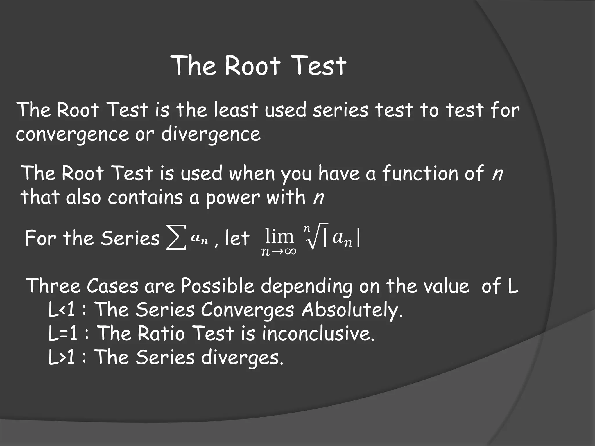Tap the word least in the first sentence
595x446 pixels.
pos(236,110)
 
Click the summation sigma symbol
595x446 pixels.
pos(176,240)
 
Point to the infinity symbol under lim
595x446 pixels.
pos(289,251)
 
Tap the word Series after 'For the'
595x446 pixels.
pos(130,238)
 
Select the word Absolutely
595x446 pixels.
pos(352,310)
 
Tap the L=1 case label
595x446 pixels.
pos(62,333)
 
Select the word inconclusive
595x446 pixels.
pos(318,333)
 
